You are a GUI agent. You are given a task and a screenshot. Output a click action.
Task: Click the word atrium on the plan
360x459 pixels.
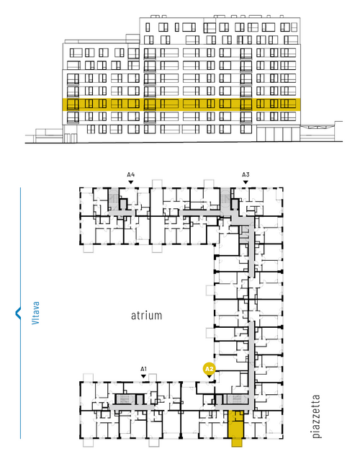pos(146,316)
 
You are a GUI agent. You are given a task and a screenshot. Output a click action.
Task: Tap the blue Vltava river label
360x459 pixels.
pos(35,313)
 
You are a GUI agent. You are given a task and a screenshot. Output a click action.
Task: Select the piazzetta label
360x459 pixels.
pos(316,416)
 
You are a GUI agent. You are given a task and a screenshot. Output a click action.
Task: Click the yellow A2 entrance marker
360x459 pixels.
pos(209,369)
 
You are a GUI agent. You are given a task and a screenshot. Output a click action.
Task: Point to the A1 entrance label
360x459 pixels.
pos(143,369)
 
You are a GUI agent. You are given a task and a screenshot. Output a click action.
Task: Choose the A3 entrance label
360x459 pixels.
pos(246,174)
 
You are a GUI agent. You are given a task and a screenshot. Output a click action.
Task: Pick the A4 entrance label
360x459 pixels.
pos(131,174)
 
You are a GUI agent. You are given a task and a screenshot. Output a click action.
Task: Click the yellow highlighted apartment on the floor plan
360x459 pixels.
pos(235,424)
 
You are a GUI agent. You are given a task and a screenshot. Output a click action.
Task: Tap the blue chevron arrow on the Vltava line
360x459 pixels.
pos(18,313)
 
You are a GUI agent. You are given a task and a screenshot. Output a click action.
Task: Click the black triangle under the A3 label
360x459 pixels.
pos(246,182)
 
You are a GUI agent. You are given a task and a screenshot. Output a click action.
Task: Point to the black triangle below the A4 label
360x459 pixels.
pos(131,182)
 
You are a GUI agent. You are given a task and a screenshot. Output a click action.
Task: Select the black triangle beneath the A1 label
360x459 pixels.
pos(143,376)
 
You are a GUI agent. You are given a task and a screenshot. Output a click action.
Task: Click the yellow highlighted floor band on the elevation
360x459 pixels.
pos(181,104)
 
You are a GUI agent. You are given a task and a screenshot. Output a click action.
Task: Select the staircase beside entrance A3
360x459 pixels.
pos(225,200)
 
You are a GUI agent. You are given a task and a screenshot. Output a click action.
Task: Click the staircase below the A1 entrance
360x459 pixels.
pos(125,399)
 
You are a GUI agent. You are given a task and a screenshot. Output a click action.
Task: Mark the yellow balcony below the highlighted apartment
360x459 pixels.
pos(237,442)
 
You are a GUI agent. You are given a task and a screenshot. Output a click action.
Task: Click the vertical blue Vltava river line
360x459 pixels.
pos(20,313)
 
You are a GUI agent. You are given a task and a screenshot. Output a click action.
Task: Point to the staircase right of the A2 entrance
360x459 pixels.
pos(237,399)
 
